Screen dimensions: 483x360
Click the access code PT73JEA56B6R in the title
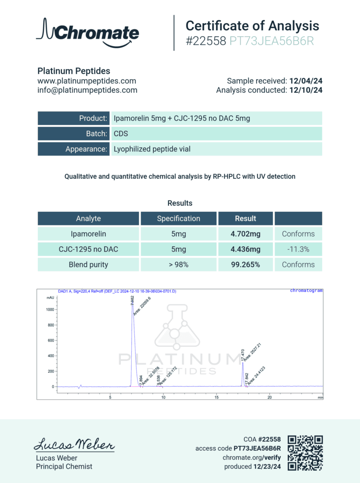(271, 42)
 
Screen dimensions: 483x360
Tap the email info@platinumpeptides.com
(87, 90)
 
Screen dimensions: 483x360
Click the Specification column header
(178, 218)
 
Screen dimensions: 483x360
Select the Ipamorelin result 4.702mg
(245, 233)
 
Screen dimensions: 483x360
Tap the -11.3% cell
(298, 249)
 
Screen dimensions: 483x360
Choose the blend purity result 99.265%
(245, 265)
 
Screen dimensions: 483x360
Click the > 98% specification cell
(178, 265)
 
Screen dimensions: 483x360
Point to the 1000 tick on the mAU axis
(50, 309)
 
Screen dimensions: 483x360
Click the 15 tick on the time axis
(217, 397)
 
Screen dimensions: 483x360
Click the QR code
(305, 452)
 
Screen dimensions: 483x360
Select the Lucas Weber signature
(74, 445)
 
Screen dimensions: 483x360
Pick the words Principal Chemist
(64, 466)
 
